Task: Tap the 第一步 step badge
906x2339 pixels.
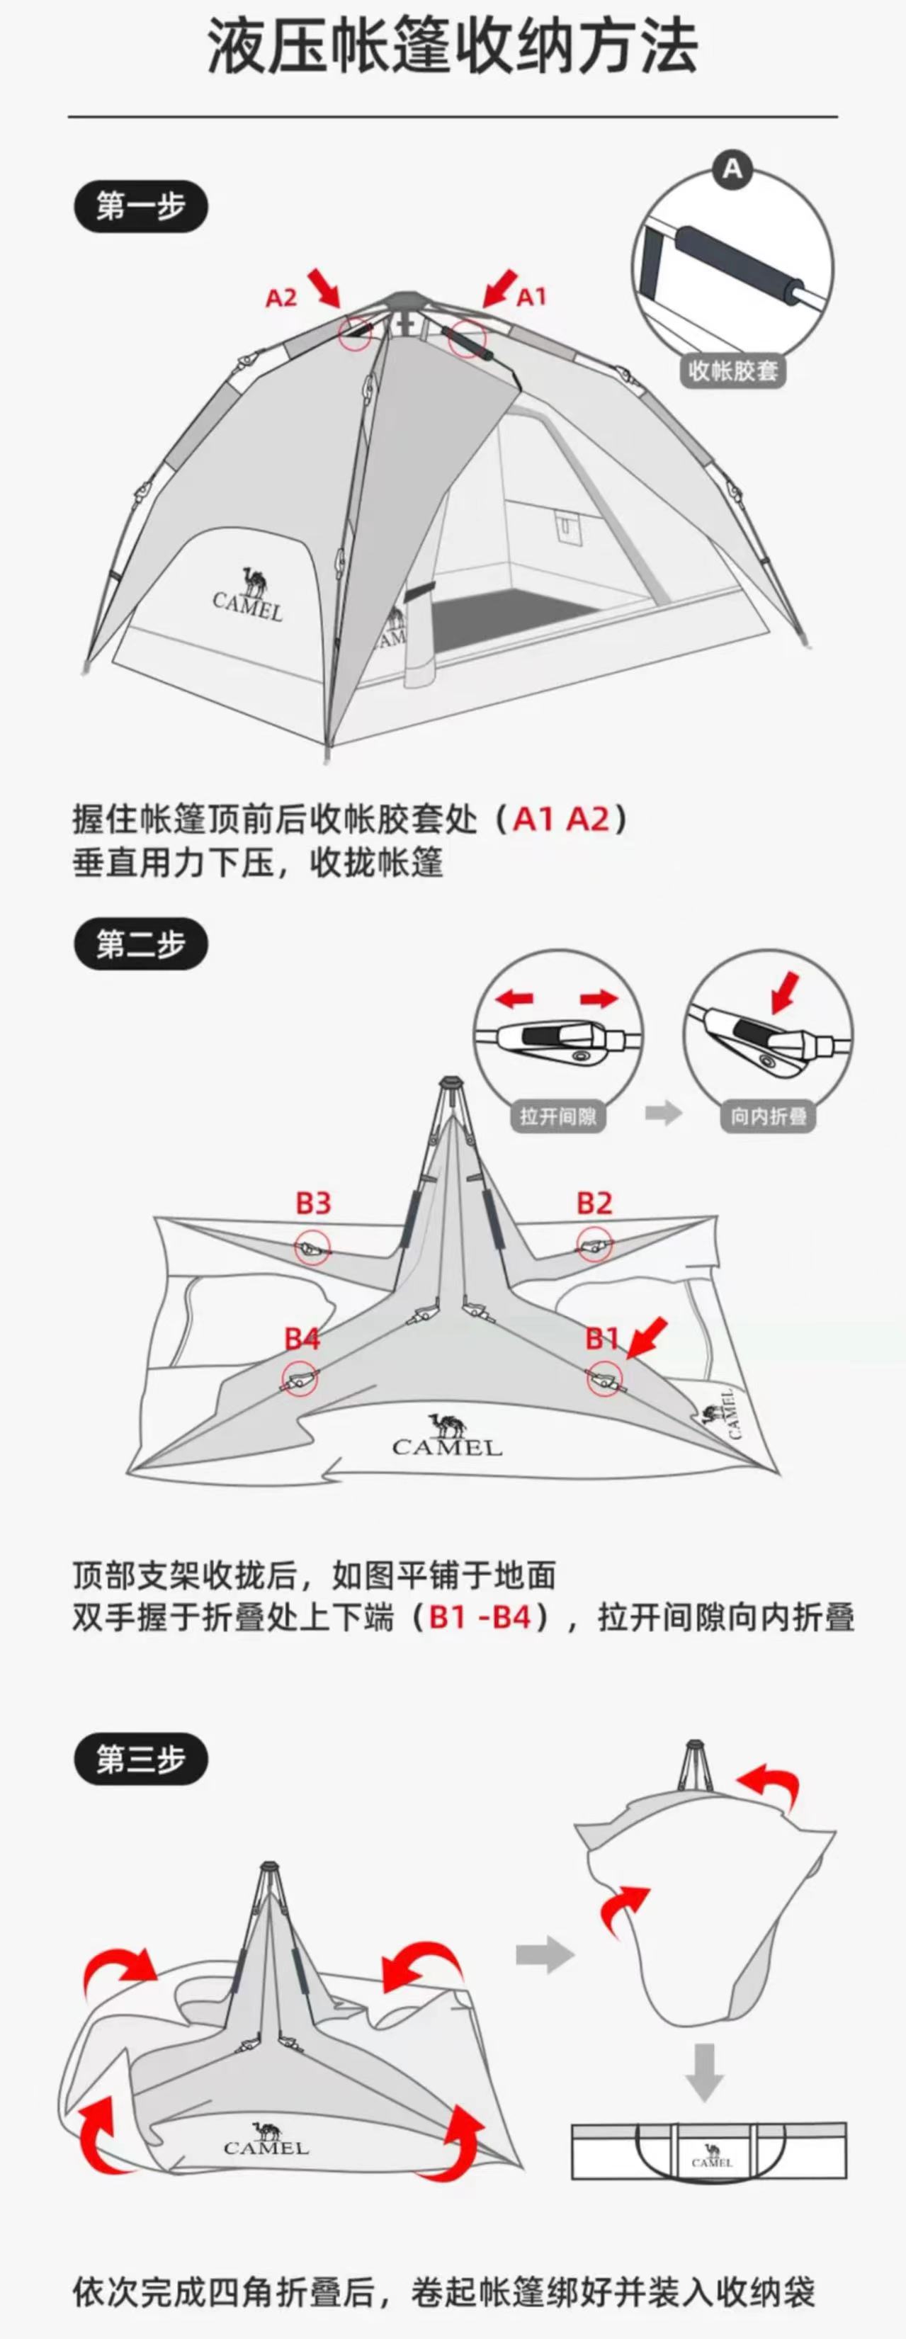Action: pyautogui.click(x=141, y=207)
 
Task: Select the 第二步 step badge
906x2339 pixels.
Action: pyautogui.click(x=141, y=944)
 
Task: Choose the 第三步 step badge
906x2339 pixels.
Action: pyautogui.click(x=141, y=1760)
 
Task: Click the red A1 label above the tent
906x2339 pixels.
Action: pyautogui.click(x=531, y=297)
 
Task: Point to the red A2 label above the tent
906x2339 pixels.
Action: pyautogui.click(x=281, y=298)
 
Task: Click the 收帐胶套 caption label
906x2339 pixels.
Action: pyautogui.click(x=732, y=370)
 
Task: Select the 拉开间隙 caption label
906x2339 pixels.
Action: pyautogui.click(x=557, y=1116)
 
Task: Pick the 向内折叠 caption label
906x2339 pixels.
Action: pyautogui.click(x=768, y=1116)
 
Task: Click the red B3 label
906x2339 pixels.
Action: pyautogui.click(x=313, y=1203)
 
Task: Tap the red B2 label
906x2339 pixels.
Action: pyautogui.click(x=594, y=1203)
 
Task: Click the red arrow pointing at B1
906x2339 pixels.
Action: pyautogui.click(x=646, y=1340)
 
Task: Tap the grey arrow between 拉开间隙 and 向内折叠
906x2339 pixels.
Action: pyautogui.click(x=664, y=1114)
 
